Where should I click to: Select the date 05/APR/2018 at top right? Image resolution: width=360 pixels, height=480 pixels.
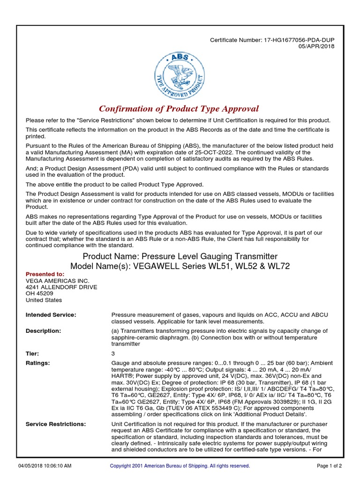click(317, 46)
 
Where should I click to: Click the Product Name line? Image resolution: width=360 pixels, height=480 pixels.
click(180, 256)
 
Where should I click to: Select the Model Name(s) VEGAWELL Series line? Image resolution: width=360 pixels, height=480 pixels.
click(180, 266)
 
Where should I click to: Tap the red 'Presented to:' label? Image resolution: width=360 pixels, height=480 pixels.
click(45, 274)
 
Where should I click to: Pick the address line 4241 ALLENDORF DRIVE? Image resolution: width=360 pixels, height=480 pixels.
click(61, 287)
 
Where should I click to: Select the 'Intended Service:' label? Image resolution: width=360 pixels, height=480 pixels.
click(51, 315)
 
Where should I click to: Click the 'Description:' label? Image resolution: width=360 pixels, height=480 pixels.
click(43, 331)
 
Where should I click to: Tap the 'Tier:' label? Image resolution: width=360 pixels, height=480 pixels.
click(32, 353)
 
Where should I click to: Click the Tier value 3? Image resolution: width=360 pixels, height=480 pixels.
click(113, 353)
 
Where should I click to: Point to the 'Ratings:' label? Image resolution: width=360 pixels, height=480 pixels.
click(37, 363)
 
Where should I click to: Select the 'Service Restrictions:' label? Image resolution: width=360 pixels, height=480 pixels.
click(55, 424)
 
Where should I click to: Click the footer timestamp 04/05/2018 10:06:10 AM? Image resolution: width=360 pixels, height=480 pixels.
click(45, 466)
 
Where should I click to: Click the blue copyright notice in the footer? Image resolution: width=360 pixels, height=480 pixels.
click(180, 466)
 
